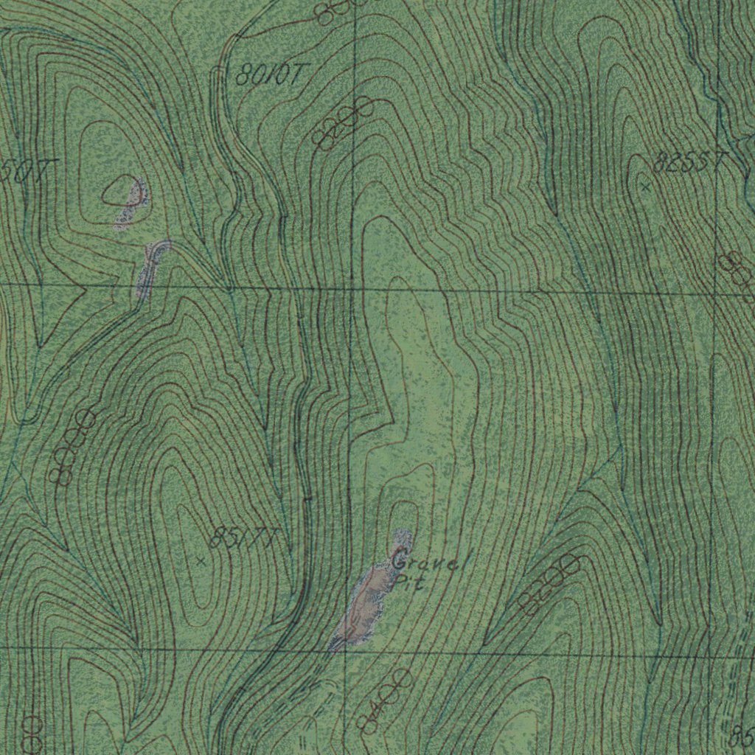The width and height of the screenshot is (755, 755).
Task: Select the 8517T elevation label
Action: click(242, 538)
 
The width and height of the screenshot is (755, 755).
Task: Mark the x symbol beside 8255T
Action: click(646, 187)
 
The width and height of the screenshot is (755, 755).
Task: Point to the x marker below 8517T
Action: click(201, 561)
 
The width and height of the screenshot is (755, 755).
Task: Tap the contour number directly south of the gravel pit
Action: click(383, 700)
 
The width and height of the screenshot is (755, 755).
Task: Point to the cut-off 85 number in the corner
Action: click(743, 734)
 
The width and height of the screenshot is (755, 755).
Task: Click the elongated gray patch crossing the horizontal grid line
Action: click(150, 269)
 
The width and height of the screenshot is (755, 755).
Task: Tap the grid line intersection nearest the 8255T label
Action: click(717, 293)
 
